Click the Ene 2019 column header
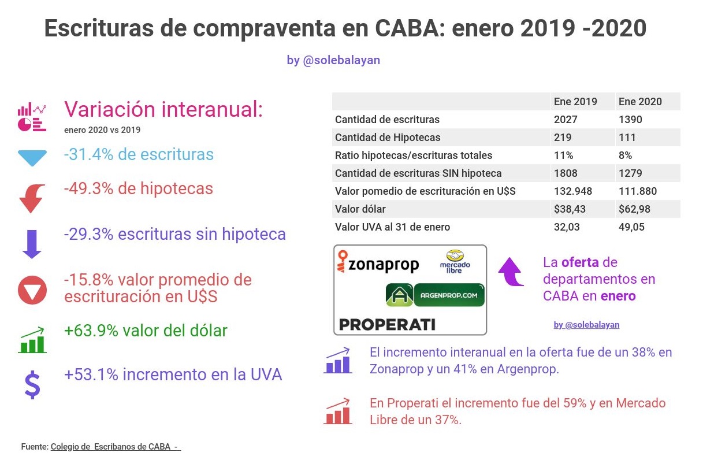click(575, 102)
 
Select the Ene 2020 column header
click(640, 102)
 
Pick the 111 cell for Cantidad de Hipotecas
click(627, 138)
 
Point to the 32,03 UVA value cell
click(567, 227)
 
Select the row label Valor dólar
click(360, 209)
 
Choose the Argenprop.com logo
click(435, 295)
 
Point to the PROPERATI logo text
click(387, 324)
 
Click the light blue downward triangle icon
click(32, 158)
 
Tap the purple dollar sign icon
click(32, 385)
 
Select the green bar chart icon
click(32, 341)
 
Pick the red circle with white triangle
click(32, 291)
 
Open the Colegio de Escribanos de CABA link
click(116, 447)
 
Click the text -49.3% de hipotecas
click(139, 189)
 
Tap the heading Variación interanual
click(163, 109)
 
